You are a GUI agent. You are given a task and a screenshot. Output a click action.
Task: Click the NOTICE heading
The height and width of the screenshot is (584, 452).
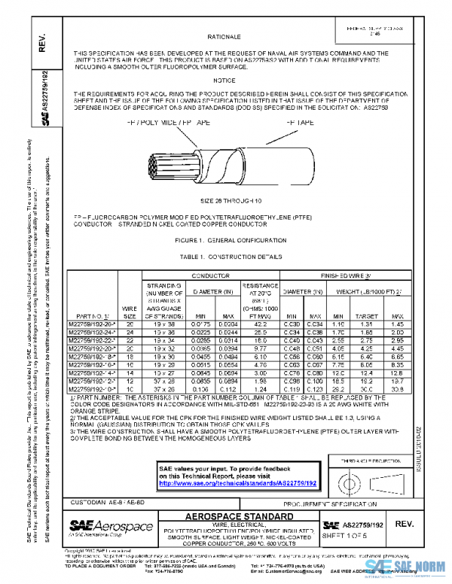coord(224,80)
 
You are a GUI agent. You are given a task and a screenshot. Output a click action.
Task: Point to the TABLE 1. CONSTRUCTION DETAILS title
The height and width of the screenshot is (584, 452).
coord(226,256)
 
